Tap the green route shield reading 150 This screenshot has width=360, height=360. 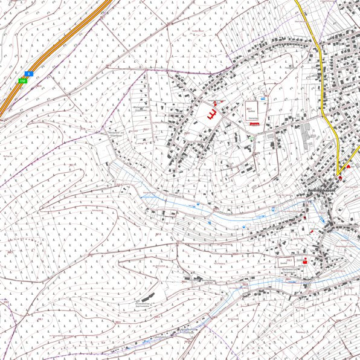[x=23, y=80]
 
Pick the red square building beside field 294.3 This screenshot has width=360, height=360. [x=304, y=262]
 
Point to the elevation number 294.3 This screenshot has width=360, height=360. [x=289, y=260]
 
